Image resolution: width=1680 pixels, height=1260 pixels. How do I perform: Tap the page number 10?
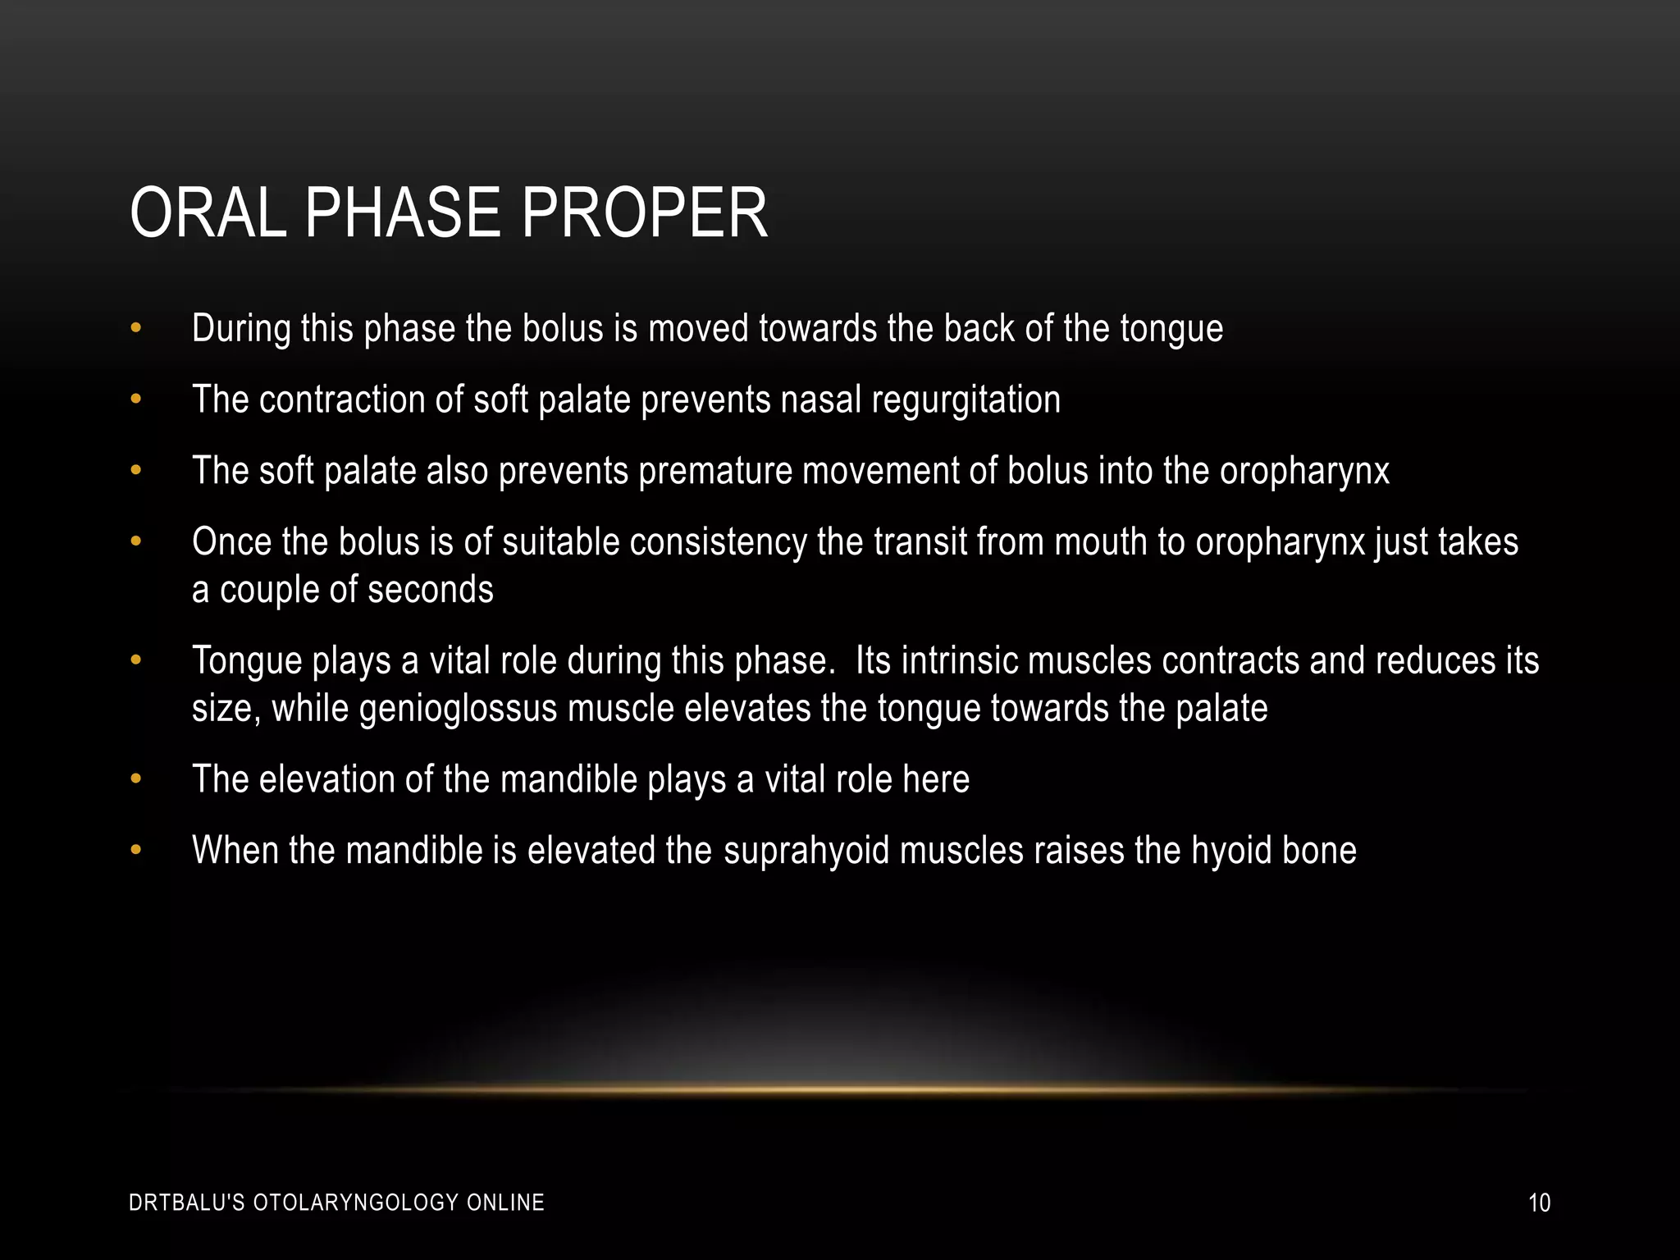tap(1539, 1203)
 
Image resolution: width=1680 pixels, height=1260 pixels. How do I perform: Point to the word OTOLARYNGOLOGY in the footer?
tap(356, 1203)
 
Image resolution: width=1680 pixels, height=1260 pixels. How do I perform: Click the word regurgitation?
tap(966, 400)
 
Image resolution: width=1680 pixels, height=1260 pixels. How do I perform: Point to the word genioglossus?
tap(459, 709)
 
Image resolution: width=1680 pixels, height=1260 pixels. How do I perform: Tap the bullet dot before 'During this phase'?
tap(136, 329)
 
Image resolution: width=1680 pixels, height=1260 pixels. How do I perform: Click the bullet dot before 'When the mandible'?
tap(136, 851)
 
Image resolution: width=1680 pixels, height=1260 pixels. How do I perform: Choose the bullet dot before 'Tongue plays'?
tap(136, 661)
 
